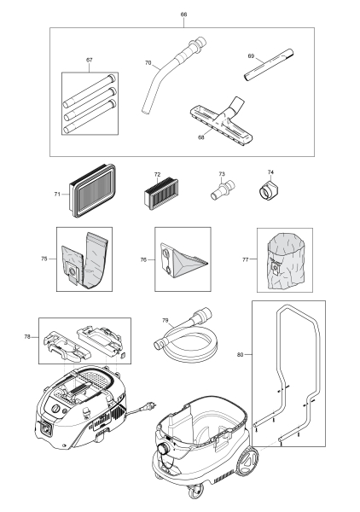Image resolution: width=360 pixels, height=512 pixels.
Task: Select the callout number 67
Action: point(89,61)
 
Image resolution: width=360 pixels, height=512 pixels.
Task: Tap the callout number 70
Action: point(148,63)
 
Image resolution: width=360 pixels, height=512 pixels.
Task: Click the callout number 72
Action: point(157,174)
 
